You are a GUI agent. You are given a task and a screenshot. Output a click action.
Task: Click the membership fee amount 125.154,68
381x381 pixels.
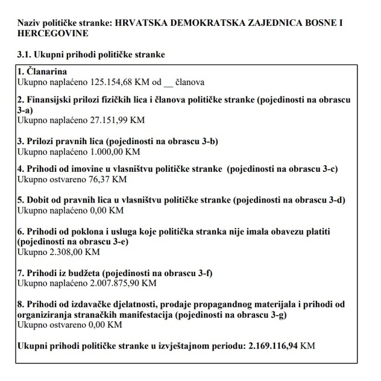pyautogui.click(x=99, y=82)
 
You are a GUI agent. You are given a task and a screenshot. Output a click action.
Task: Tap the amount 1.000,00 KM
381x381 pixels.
pyautogui.click(x=109, y=152)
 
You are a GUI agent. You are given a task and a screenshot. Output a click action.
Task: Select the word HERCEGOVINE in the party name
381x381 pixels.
pyautogui.click(x=47, y=34)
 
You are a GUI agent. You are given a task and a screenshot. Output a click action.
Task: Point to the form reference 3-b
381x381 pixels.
pyautogui.click(x=208, y=142)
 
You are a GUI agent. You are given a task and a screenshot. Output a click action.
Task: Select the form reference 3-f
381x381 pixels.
pyautogui.click(x=201, y=272)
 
